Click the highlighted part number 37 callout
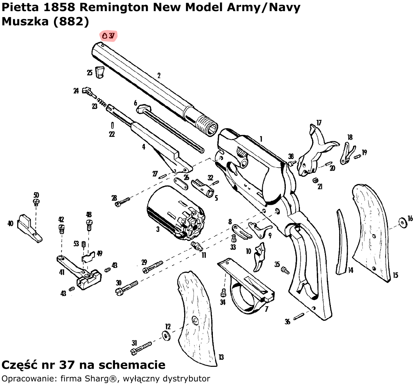click(108, 36)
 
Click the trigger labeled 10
click(260, 255)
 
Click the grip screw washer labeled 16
click(403, 223)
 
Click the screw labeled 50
click(36, 202)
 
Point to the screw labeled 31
click(141, 348)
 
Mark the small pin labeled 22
click(112, 125)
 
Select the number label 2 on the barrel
click(159, 75)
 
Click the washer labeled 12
click(166, 335)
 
